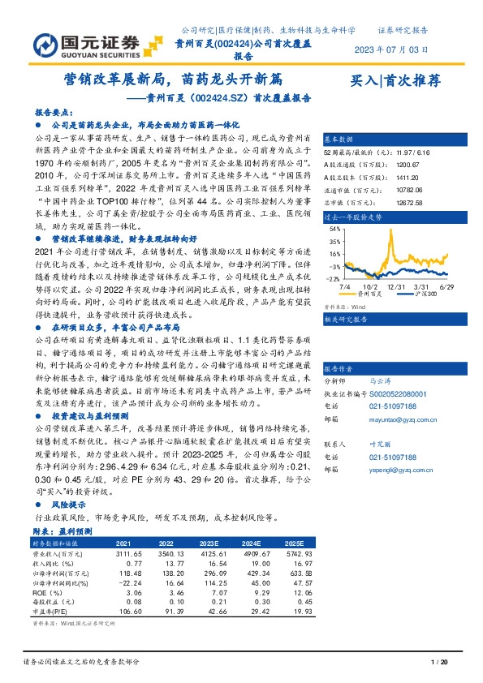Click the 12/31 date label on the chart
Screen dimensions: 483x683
tap(397, 286)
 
